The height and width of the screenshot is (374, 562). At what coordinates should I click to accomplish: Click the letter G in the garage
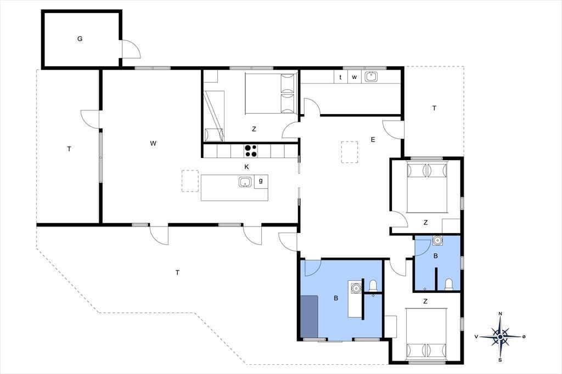(80, 39)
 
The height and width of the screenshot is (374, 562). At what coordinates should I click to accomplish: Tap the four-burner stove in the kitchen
(250, 150)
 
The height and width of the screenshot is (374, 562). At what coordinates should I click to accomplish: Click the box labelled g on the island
(261, 182)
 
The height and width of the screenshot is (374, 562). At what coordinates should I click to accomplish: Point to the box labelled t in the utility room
(340, 77)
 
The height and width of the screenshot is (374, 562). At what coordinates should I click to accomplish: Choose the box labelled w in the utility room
(354, 77)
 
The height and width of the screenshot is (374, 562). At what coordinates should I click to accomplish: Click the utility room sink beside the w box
(370, 77)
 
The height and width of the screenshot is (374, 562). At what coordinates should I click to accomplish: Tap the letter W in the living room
(153, 143)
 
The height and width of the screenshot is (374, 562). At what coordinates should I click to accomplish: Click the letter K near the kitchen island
(246, 167)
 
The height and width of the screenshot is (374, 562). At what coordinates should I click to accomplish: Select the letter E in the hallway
(373, 140)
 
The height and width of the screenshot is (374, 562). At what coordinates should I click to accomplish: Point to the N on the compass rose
(501, 314)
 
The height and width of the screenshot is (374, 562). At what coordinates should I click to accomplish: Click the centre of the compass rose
(500, 337)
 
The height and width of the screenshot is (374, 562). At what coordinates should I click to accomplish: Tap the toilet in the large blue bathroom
(373, 285)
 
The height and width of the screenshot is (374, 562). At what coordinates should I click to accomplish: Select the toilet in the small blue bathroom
(449, 284)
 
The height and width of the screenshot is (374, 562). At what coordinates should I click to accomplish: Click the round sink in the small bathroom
(437, 240)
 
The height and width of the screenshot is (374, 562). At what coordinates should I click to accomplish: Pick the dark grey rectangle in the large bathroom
(309, 316)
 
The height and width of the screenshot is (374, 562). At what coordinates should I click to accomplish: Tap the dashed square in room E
(350, 152)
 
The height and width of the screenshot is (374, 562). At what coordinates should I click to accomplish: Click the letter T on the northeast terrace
(435, 108)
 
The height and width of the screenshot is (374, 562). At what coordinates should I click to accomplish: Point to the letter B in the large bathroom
(336, 298)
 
